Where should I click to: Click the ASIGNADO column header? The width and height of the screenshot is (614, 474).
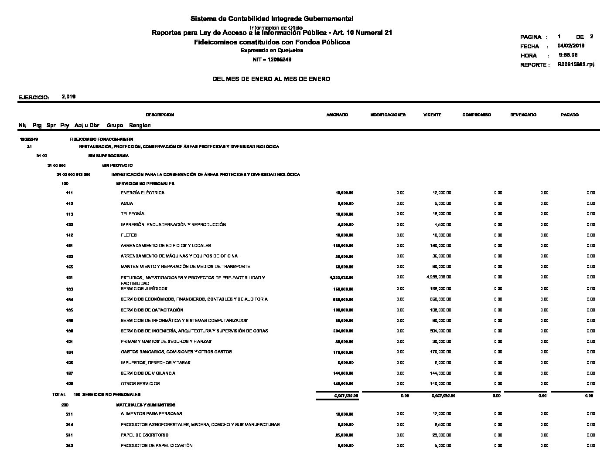[x=337, y=115]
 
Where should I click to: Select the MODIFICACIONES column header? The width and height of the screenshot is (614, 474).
[x=388, y=115]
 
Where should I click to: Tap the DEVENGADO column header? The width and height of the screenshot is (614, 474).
[x=523, y=115]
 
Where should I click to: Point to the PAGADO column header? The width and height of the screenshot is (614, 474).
[x=570, y=115]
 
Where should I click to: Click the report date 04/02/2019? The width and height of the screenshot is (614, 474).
[x=571, y=46]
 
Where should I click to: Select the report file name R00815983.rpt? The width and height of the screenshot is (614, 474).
[x=576, y=64]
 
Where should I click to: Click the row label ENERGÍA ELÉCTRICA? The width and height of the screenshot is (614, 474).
[x=143, y=193]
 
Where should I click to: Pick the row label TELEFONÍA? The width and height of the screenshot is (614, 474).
[x=133, y=214]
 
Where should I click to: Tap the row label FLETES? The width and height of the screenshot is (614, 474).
[x=129, y=235]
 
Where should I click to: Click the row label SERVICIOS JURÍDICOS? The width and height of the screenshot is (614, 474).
[x=144, y=289]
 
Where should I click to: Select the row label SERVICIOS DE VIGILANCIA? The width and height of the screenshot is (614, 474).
[x=148, y=373]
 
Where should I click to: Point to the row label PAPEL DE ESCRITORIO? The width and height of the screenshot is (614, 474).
[x=144, y=435]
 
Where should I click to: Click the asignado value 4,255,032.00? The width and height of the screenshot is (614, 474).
[x=341, y=278]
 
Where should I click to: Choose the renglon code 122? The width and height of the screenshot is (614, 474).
[x=69, y=225]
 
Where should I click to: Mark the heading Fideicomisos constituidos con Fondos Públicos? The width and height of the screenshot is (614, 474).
[x=272, y=42]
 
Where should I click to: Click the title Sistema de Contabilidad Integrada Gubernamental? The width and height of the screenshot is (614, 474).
[x=272, y=19]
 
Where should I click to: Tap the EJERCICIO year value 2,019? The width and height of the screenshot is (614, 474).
[x=69, y=97]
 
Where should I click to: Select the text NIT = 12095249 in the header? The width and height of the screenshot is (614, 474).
[x=272, y=59]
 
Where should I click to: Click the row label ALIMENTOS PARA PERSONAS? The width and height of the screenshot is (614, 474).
[x=151, y=414]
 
